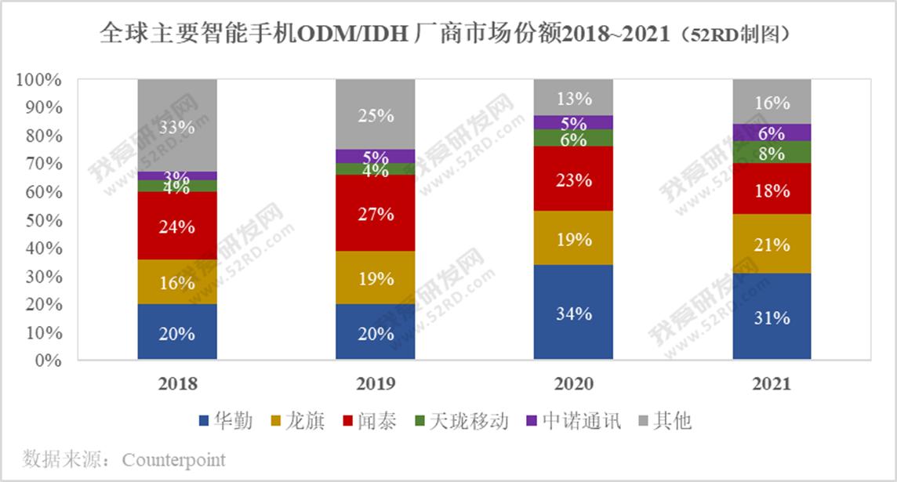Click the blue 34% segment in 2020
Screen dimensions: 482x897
coord(573,313)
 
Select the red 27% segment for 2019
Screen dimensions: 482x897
coord(375,213)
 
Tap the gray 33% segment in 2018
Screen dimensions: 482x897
coord(176,125)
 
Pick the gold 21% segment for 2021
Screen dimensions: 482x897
coord(772,244)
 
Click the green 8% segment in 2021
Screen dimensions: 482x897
coord(772,153)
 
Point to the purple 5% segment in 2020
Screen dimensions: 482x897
coord(573,122)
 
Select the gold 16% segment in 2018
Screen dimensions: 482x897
coord(176,282)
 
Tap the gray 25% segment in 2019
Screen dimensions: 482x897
coord(375,114)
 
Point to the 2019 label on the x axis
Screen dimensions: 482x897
coord(375,384)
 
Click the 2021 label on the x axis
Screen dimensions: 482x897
coord(772,384)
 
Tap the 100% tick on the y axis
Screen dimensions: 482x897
coord(38,80)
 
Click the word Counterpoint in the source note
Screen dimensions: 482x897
coord(174,459)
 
